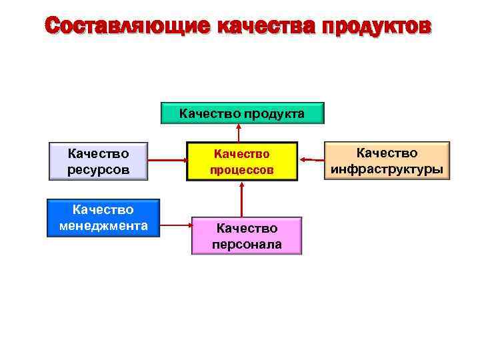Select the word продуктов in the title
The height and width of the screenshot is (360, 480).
coord(377,26)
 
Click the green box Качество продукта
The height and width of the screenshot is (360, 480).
coord(242,113)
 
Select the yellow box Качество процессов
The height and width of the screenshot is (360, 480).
coord(241,161)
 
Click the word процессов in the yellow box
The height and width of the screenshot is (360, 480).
coord(241,170)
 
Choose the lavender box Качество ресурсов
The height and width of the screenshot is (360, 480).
coord(98,161)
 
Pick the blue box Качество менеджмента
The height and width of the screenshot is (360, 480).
coord(103,218)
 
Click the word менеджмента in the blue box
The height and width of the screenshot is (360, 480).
coord(103,226)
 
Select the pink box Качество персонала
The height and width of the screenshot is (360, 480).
coord(247,236)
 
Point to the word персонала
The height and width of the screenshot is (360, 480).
coord(247,245)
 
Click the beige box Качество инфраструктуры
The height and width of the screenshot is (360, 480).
coord(387,161)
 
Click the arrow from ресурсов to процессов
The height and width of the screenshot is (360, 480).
coord(167,161)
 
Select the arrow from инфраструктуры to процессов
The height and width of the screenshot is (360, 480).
coord(311,159)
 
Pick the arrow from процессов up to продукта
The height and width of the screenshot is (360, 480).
coord(239,132)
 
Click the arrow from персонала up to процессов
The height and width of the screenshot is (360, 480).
coord(241,199)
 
